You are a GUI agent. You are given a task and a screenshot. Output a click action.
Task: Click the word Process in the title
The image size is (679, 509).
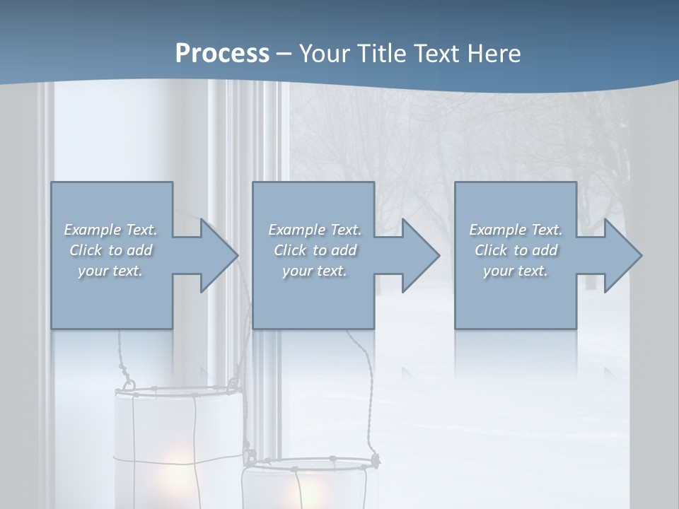pyautogui.click(x=222, y=54)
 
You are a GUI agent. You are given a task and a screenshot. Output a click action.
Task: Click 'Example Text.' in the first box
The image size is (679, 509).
pyautogui.click(x=110, y=230)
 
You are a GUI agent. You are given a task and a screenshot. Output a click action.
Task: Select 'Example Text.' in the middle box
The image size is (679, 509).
pyautogui.click(x=314, y=230)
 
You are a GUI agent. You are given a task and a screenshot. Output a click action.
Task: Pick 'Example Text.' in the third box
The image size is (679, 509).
pyautogui.click(x=516, y=230)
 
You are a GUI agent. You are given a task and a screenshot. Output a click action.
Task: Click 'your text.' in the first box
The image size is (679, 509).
pyautogui.click(x=110, y=271)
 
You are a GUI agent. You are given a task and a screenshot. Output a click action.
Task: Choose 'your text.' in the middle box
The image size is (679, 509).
pyautogui.click(x=314, y=271)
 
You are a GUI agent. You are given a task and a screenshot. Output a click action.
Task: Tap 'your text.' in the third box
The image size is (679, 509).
pyautogui.click(x=516, y=271)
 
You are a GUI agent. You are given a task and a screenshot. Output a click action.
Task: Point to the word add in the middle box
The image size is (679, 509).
pyautogui.click(x=344, y=250)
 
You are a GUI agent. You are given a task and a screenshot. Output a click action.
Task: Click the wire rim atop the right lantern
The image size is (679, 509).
pyautogui.click(x=311, y=464)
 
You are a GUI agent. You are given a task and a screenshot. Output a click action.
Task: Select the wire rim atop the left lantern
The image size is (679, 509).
pyautogui.click(x=180, y=390)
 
